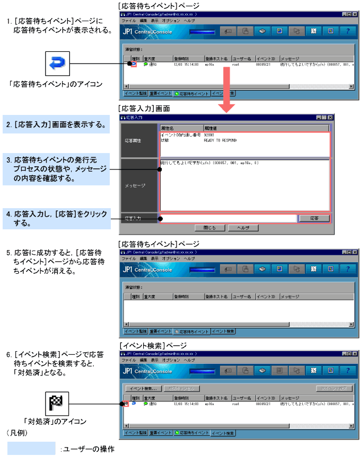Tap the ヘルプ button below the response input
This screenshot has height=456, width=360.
(243, 227)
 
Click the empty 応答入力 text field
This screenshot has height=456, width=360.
(228, 218)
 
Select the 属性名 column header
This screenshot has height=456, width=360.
(180, 128)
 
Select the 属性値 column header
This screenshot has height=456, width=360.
(265, 128)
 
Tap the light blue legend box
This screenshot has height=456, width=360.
(31, 449)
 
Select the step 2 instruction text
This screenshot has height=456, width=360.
(58, 126)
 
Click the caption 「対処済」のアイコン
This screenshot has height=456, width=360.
(55, 422)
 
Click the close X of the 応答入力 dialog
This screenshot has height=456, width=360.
(330, 117)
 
